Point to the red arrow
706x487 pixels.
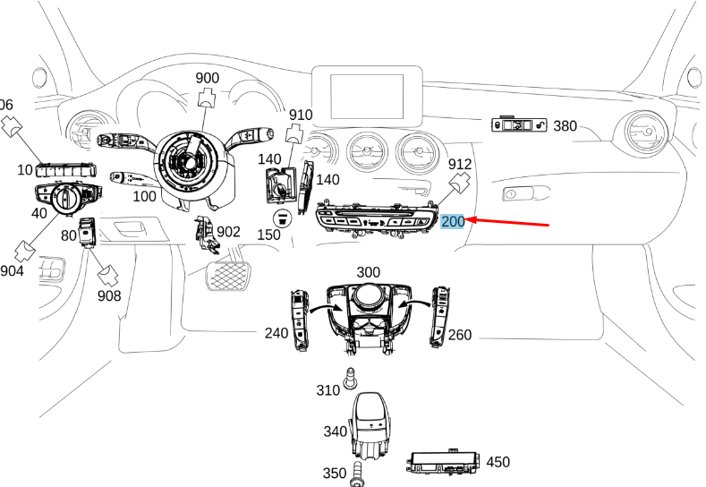tap(510, 223)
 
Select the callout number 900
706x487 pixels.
tap(207, 78)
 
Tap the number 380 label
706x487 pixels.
tap(565, 126)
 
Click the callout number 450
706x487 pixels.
tap(498, 462)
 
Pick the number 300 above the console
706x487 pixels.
tap(368, 271)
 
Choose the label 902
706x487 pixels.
tap(229, 232)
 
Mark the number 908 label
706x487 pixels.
tap(109, 295)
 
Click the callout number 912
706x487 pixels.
tap(459, 165)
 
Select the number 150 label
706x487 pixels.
tap(269, 235)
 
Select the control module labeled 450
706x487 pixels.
tap(445, 462)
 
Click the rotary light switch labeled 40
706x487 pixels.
tap(66, 199)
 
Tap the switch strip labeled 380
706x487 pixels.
tap(519, 126)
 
